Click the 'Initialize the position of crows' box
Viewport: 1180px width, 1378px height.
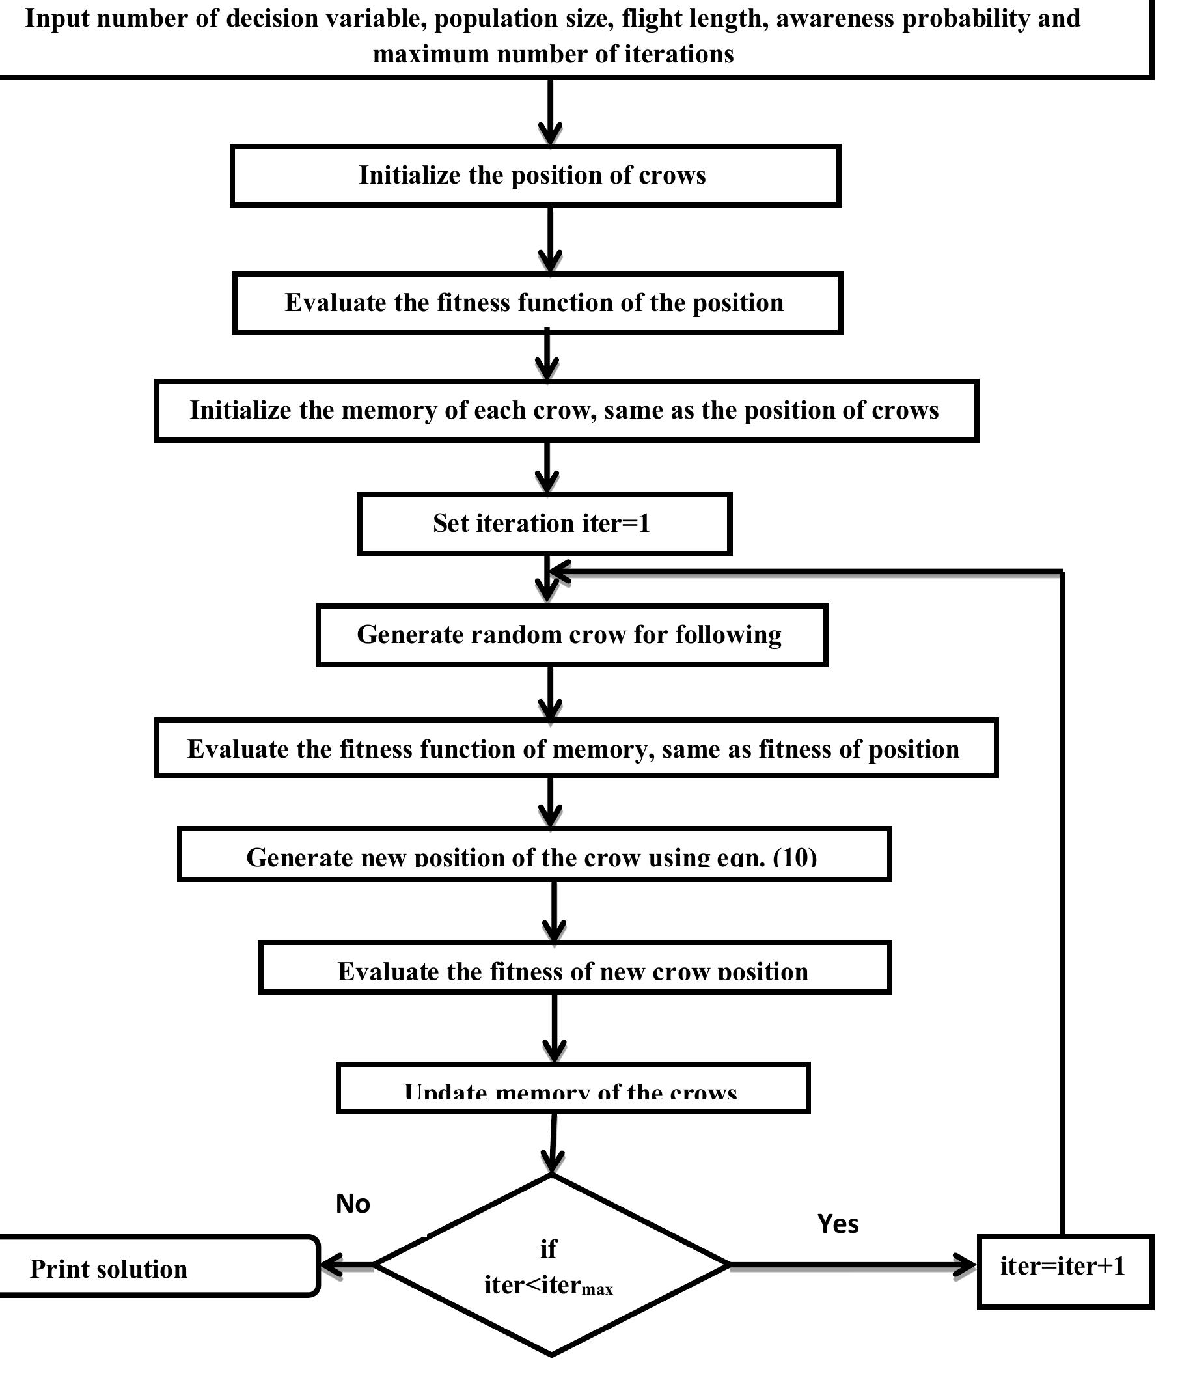pyautogui.click(x=535, y=176)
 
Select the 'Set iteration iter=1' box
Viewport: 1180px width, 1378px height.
pyautogui.click(x=543, y=523)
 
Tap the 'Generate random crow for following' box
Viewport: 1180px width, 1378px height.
pyautogui.click(x=571, y=635)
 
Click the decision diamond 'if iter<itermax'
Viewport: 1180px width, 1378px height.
pyautogui.click(x=551, y=1265)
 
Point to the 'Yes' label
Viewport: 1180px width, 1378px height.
pyautogui.click(x=838, y=1224)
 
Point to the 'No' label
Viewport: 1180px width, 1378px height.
pyautogui.click(x=353, y=1204)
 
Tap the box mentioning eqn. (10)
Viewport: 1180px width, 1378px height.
pyautogui.click(x=534, y=855)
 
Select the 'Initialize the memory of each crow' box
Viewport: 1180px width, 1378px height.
pyautogui.click(x=566, y=410)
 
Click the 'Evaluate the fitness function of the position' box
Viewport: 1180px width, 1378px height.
pyautogui.click(x=537, y=303)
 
